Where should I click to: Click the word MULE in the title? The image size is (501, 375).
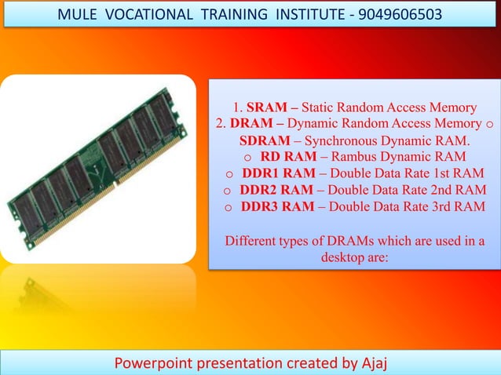[81, 15]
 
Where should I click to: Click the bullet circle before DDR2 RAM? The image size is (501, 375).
[227, 191]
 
